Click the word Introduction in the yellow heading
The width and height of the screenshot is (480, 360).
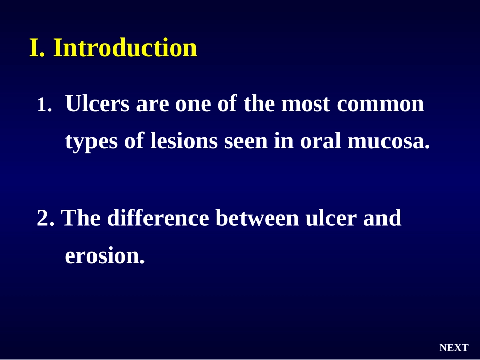click(x=125, y=47)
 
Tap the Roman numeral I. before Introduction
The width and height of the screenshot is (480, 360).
click(x=37, y=47)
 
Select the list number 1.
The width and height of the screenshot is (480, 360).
click(x=44, y=105)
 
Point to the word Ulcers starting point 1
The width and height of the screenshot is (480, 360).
click(x=98, y=104)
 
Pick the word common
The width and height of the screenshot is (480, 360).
click(x=380, y=105)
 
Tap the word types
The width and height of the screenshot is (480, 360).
click(x=91, y=141)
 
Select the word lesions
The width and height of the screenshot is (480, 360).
click(x=184, y=141)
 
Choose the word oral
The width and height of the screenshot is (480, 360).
click(x=320, y=141)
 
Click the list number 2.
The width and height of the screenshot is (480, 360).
click(x=45, y=218)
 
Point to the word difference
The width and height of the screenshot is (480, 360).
click(x=158, y=218)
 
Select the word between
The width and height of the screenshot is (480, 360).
click(x=257, y=218)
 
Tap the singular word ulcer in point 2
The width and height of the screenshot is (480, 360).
click(x=331, y=218)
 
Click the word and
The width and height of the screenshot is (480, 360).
click(x=382, y=218)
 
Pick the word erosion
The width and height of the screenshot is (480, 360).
click(x=105, y=255)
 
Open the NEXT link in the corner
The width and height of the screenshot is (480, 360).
click(x=454, y=348)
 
